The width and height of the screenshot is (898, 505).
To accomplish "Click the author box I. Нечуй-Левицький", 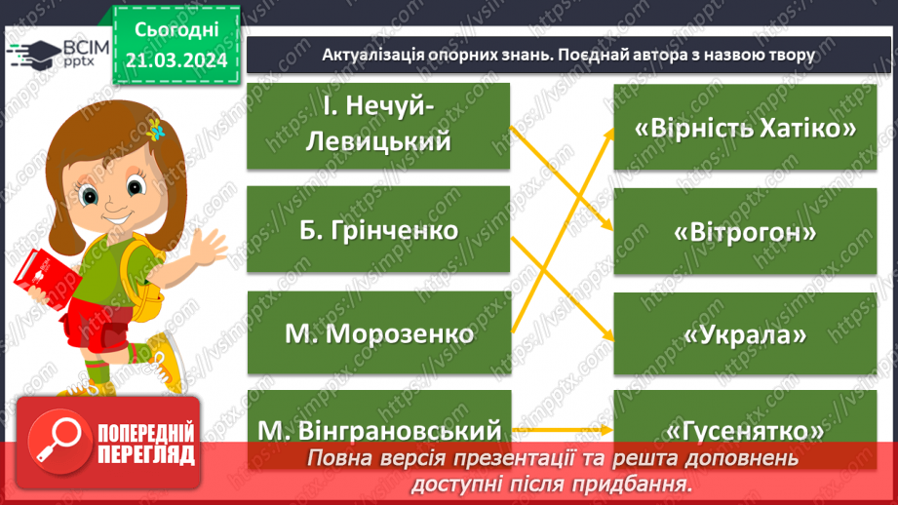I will (x=378, y=126).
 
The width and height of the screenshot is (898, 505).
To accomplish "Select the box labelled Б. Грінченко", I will (x=378, y=229).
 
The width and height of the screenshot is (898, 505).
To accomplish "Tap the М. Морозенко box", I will (x=378, y=332).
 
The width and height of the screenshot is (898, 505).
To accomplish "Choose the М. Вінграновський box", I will (x=378, y=428).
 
